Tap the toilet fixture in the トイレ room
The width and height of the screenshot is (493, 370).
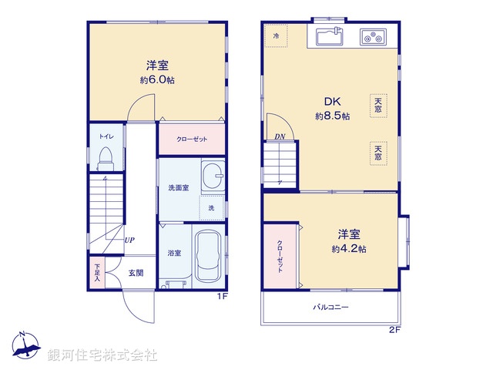click(x=106, y=157)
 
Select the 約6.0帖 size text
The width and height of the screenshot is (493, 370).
click(x=156, y=79)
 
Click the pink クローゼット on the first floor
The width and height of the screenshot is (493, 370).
click(x=191, y=140)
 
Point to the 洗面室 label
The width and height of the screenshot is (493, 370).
click(x=179, y=188)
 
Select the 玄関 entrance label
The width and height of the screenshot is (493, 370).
click(x=136, y=273)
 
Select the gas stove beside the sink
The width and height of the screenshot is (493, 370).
click(x=374, y=35)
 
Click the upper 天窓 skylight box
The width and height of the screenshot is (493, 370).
click(x=377, y=105)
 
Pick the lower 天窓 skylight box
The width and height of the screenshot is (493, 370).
click(x=377, y=152)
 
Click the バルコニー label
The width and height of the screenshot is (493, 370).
click(x=330, y=307)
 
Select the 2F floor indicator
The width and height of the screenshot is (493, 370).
click(x=394, y=330)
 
